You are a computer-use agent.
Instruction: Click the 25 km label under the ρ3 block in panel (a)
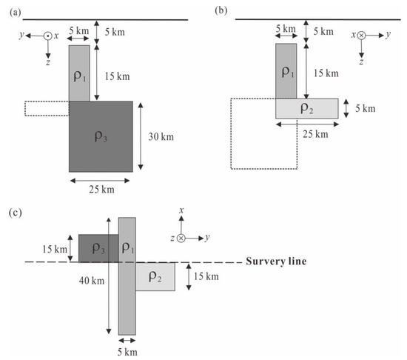[x=101, y=190]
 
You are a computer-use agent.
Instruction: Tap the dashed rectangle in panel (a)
[x=47, y=108]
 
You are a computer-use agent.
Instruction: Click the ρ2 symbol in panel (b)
[x=306, y=108]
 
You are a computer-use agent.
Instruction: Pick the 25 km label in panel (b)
[x=306, y=135]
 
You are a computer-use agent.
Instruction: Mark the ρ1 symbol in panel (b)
[x=286, y=73]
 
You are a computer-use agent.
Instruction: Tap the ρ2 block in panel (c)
[x=155, y=276]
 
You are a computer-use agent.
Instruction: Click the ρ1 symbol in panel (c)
[x=127, y=248]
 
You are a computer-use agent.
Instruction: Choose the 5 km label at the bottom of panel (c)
[x=127, y=351]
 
